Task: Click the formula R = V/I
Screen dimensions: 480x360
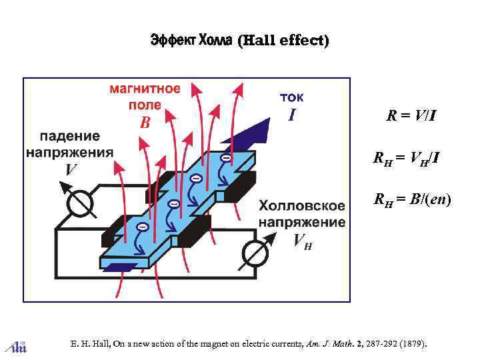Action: [413, 116]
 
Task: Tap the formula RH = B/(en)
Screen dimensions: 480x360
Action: [413, 199]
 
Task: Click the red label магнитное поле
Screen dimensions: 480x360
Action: [145, 97]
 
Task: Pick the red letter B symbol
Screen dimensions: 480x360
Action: [145, 123]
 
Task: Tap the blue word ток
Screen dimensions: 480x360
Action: [291, 97]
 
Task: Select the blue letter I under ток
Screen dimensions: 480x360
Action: [291, 115]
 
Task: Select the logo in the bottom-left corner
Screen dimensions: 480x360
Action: [15, 345]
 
